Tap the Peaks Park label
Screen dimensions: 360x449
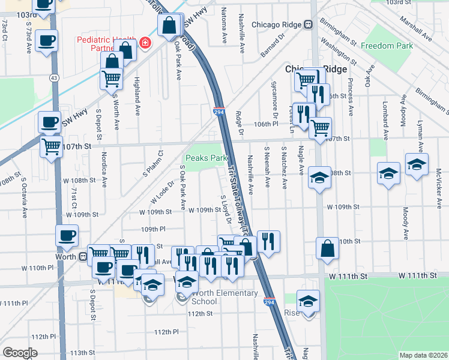point(206,158)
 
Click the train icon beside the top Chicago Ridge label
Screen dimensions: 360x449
point(308,25)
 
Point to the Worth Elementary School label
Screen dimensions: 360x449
point(221,298)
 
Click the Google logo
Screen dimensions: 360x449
point(19,352)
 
